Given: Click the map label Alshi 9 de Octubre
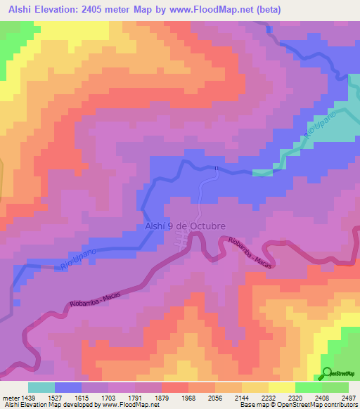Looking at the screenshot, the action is coord(185,226).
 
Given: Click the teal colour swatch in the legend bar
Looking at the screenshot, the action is coord(41,387).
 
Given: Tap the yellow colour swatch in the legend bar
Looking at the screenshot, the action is coord(281,387).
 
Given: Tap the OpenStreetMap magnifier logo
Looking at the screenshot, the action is coord(328,374).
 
